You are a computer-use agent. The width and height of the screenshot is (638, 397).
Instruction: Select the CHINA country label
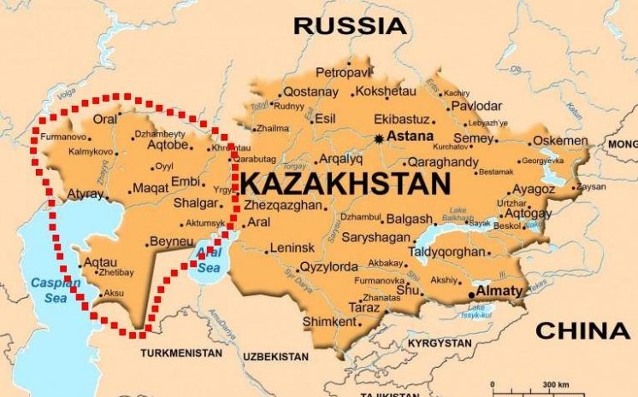582,330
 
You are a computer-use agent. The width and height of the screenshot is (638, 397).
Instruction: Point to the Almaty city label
498,291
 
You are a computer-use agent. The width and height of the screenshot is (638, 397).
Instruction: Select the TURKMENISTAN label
182,352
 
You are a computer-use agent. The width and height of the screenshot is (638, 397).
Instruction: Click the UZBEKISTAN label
274,355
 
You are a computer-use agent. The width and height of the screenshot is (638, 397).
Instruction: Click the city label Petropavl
346,72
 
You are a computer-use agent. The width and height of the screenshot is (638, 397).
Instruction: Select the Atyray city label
85,195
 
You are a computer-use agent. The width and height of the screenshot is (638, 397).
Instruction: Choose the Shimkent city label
328,322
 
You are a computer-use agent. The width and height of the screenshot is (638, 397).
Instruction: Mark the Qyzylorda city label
328,266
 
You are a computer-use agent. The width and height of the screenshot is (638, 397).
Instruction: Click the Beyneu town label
176,242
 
